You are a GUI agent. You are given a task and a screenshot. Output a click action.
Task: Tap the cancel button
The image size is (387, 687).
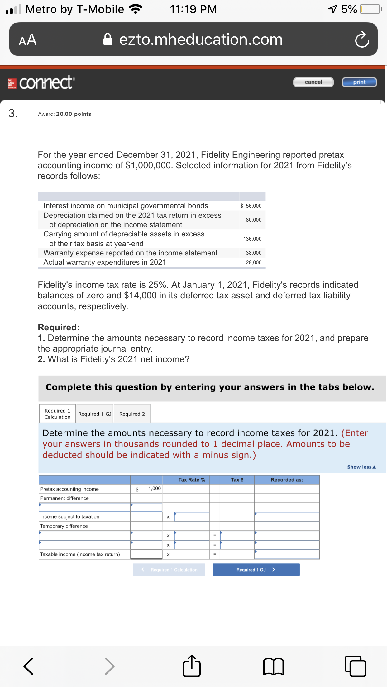tap(313, 82)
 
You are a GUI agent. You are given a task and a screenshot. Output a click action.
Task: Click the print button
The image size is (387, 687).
tap(359, 82)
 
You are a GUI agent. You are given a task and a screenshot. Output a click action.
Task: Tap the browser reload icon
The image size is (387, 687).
tap(362, 40)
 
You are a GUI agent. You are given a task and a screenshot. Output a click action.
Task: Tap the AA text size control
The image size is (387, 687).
tap(28, 40)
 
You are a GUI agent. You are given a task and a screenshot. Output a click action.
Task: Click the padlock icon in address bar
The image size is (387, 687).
tap(107, 40)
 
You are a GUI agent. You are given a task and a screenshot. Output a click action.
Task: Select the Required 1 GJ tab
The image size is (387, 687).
tap(95, 414)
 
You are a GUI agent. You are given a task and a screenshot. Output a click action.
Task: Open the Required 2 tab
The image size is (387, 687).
tap(132, 414)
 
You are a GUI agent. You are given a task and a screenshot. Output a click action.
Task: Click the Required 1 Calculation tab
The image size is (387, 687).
tap(57, 414)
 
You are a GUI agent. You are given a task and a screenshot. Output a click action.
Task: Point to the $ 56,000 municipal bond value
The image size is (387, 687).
tap(251, 206)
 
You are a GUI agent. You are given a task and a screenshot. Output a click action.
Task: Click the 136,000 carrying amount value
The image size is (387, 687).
tap(252, 239)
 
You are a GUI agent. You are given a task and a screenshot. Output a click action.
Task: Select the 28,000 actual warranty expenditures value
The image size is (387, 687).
tap(254, 262)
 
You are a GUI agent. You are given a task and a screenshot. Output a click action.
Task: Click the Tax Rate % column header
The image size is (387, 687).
tap(192, 480)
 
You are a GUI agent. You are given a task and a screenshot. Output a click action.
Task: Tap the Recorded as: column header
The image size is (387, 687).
tap(287, 480)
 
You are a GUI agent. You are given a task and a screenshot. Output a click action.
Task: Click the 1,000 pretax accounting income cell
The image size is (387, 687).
tap(154, 488)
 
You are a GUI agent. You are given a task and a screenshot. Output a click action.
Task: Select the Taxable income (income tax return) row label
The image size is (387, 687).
tap(80, 554)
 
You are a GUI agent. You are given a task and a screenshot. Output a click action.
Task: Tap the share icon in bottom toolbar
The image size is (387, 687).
tap(191, 666)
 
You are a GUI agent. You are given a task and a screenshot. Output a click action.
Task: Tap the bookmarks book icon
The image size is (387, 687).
tap(273, 666)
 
